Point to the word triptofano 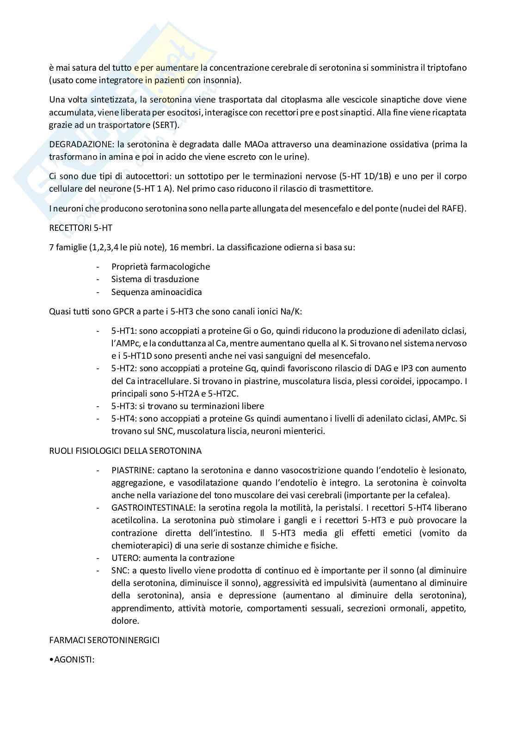point(446,68)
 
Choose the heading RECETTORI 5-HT point(80,228)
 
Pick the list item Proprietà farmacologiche point(160,266)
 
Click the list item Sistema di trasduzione point(155,279)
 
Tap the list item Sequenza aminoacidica point(156,292)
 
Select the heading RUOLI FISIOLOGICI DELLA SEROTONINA point(125,451)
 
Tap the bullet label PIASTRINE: point(133,470)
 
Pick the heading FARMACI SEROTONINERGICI point(104,640)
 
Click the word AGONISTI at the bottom point(73,660)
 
